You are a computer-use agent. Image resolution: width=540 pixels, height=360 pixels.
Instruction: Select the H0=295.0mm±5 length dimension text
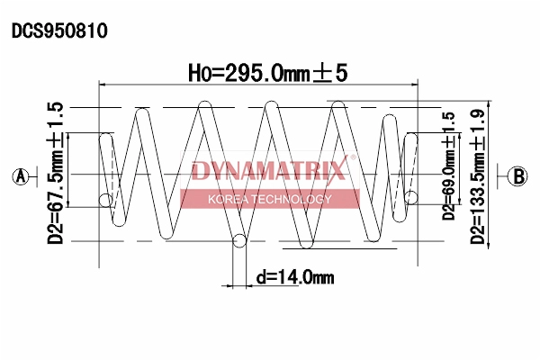(266, 72)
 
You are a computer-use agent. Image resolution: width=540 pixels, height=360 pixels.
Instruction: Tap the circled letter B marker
(517, 175)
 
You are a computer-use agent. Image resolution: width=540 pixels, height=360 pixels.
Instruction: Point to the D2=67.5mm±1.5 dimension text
(56, 173)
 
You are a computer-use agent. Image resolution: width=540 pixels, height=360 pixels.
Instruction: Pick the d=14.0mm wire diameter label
(294, 277)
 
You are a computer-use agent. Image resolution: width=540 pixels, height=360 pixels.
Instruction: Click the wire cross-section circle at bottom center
(239, 240)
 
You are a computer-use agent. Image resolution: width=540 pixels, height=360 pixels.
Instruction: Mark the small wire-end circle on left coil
(106, 199)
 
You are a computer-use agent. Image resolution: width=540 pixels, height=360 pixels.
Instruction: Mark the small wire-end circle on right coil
(410, 198)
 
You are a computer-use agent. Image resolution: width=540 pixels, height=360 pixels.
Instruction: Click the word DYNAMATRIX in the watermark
(267, 171)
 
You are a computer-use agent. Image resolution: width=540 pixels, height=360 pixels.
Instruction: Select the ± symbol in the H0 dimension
(322, 72)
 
